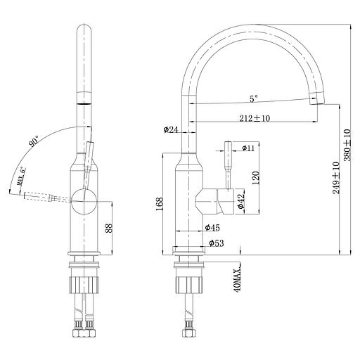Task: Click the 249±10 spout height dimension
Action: point(336,178)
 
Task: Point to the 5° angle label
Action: point(252,98)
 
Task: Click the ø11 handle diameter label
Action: point(251,148)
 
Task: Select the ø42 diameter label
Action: point(240,201)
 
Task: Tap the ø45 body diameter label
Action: point(213,227)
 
